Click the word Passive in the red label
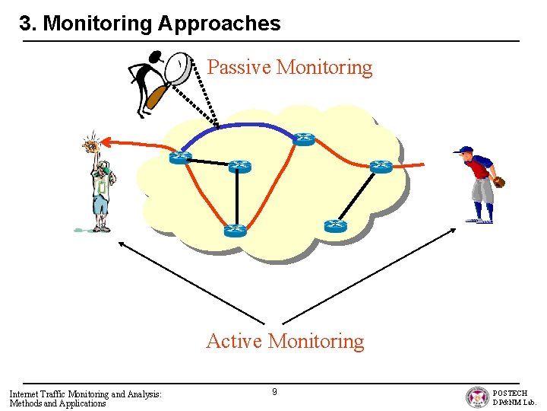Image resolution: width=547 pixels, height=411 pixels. click(x=239, y=68)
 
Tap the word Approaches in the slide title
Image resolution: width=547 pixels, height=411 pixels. click(x=219, y=24)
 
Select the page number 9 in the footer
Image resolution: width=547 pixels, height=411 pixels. click(x=274, y=392)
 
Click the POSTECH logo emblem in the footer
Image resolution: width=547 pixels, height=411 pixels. click(x=478, y=397)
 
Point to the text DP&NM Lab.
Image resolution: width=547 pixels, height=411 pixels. click(x=514, y=402)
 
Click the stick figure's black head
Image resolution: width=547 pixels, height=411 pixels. click(x=157, y=56)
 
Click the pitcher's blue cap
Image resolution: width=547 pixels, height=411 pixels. click(x=464, y=151)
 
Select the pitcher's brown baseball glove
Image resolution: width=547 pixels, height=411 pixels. click(x=498, y=182)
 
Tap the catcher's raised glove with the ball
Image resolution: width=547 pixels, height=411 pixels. click(x=91, y=144)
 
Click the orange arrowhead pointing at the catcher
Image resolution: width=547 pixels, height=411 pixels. click(x=106, y=141)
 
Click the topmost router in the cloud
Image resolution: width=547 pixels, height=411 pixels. click(x=304, y=139)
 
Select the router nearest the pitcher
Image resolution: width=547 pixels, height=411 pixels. click(x=381, y=167)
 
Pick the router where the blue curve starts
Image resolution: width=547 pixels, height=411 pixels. click(x=180, y=157)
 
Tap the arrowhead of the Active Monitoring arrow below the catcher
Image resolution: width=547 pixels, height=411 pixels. click(x=121, y=244)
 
